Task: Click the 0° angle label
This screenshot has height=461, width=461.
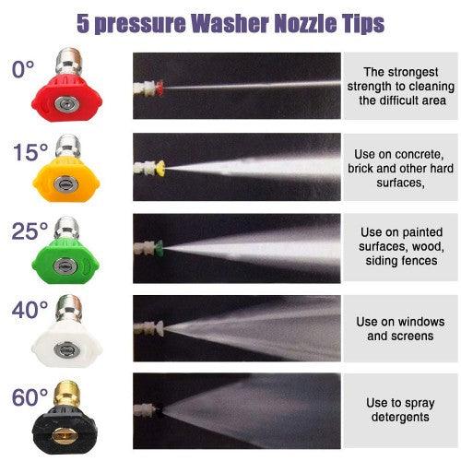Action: tap(22, 69)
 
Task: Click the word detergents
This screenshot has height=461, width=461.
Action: tap(399, 418)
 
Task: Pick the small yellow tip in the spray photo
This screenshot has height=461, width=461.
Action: tap(160, 168)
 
